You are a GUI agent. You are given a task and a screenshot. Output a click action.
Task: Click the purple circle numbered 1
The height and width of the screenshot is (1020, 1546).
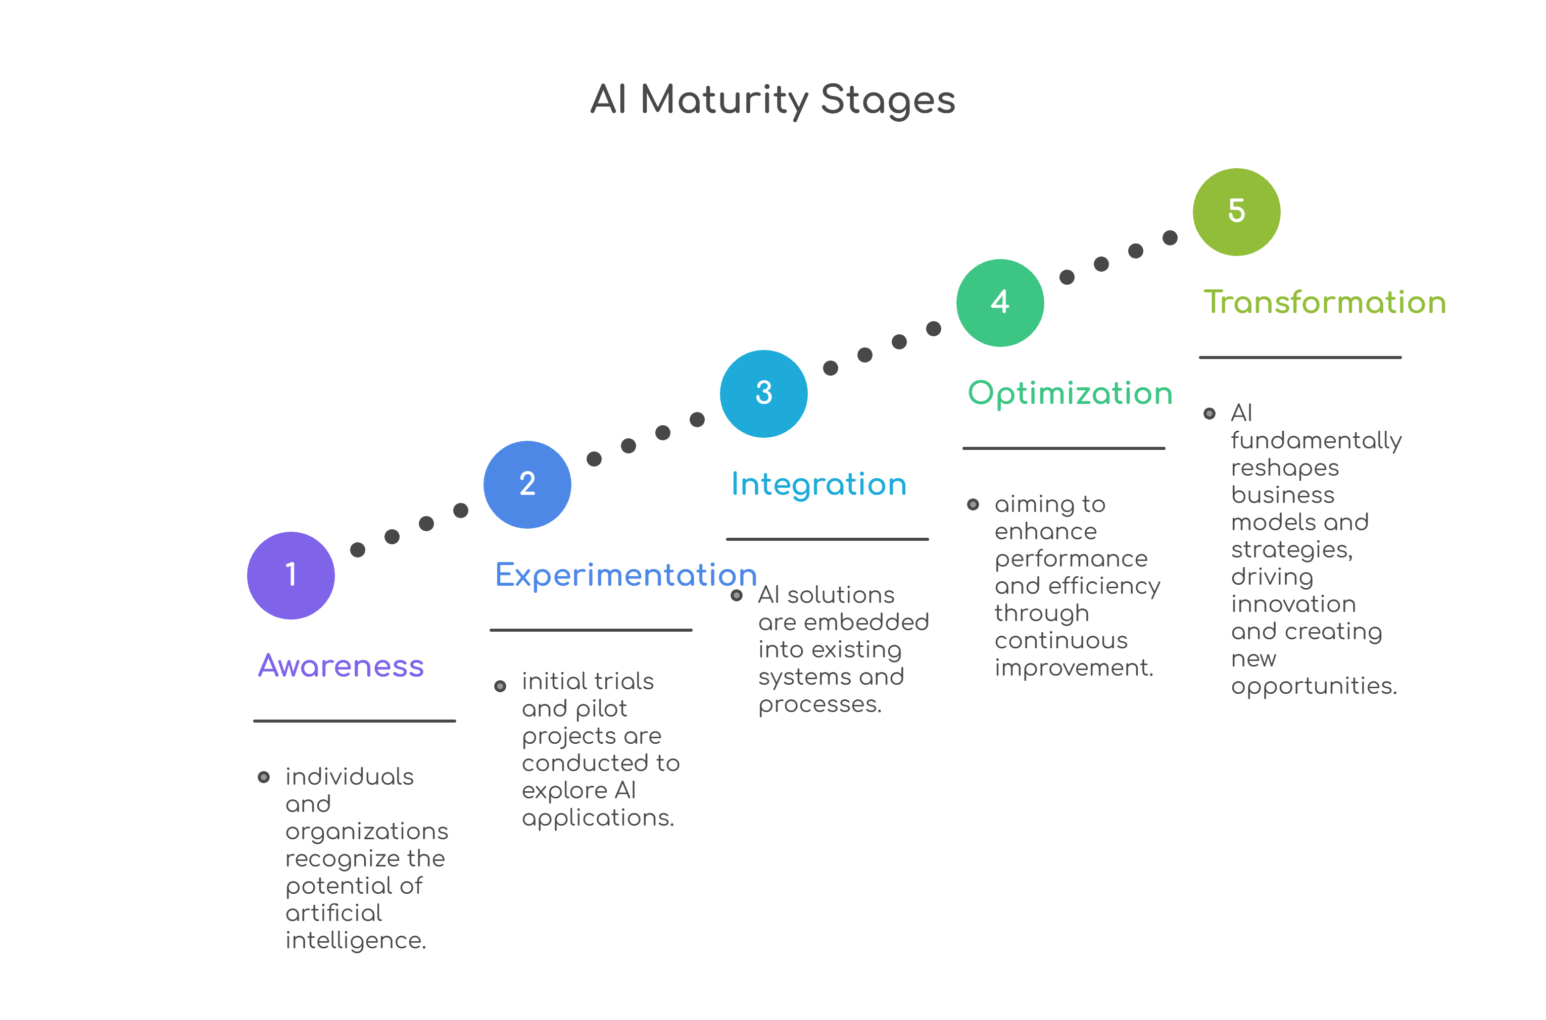click(291, 575)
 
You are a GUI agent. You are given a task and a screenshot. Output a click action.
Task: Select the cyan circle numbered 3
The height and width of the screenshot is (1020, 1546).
click(763, 393)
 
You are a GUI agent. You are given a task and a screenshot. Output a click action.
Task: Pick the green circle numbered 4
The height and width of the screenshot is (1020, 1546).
click(999, 302)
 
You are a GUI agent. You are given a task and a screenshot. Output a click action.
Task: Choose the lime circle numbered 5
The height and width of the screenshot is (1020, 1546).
click(1236, 212)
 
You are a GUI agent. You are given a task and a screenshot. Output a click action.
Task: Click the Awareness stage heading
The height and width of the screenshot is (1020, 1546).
click(341, 666)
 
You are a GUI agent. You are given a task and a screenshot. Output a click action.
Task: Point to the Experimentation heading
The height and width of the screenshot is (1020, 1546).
click(626, 575)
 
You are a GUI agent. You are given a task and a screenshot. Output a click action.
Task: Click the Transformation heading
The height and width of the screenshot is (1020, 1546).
click(1324, 302)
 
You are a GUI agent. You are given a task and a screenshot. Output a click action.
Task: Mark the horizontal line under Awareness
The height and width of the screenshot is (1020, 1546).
click(354, 721)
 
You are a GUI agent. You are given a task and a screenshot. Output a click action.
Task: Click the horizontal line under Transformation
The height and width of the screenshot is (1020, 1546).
click(1299, 357)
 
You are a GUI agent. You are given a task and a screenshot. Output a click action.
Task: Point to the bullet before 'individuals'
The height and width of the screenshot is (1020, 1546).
click(264, 777)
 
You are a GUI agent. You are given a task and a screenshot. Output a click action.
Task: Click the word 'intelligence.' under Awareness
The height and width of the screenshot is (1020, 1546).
click(355, 941)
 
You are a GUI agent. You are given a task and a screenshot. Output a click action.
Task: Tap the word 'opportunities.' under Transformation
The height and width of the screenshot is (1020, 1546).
click(1314, 686)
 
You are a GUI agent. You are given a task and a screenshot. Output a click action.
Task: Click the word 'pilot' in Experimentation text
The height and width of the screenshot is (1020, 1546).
click(601, 708)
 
